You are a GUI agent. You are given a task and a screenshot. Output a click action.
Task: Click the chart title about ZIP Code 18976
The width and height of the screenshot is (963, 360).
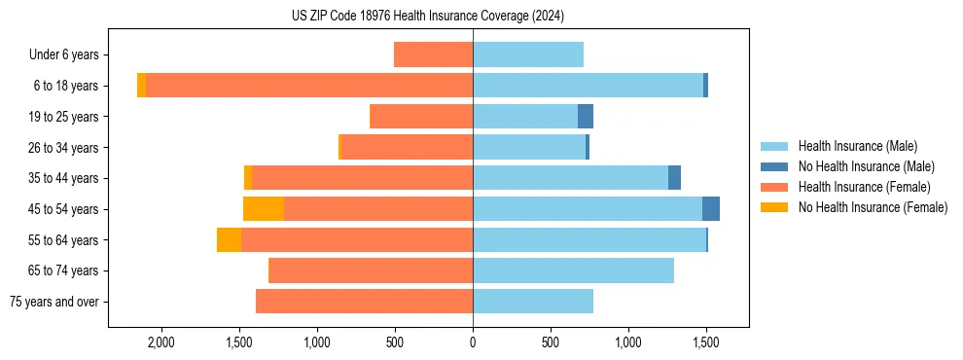coord(428,17)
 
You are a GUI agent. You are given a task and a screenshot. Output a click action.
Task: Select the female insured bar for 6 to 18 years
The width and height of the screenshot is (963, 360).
coord(309,86)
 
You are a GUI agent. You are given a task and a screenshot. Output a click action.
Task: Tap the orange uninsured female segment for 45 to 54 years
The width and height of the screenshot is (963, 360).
coord(264,209)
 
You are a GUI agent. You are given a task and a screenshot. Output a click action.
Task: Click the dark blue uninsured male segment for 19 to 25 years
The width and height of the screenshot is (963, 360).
coord(586,117)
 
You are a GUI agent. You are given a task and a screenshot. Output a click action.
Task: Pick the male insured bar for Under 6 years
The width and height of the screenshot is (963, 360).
coord(528,54)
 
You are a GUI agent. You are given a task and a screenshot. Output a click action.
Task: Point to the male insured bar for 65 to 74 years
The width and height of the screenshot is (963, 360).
coord(573,270)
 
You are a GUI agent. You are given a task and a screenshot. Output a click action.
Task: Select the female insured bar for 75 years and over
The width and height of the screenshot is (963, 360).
coord(364,302)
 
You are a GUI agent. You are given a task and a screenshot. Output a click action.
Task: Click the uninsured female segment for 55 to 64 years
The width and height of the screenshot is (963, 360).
coord(229,240)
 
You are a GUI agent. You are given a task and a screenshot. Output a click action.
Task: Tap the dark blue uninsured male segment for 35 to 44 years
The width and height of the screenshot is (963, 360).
coord(674,178)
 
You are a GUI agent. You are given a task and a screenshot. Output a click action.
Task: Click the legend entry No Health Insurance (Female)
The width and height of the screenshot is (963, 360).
coord(873,207)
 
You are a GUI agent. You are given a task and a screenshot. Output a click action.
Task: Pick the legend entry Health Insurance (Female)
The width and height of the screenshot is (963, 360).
coord(864,187)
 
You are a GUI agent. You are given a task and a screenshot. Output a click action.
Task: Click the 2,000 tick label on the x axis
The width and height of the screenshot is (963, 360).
coord(160,342)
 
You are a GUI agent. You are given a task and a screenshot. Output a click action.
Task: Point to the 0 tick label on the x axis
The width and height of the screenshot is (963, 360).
coord(473,342)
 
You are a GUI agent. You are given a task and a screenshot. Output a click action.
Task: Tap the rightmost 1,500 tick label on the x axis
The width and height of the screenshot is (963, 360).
coord(706,342)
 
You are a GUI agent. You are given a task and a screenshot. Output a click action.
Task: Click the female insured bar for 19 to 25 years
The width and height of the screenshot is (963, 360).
coord(421,117)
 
